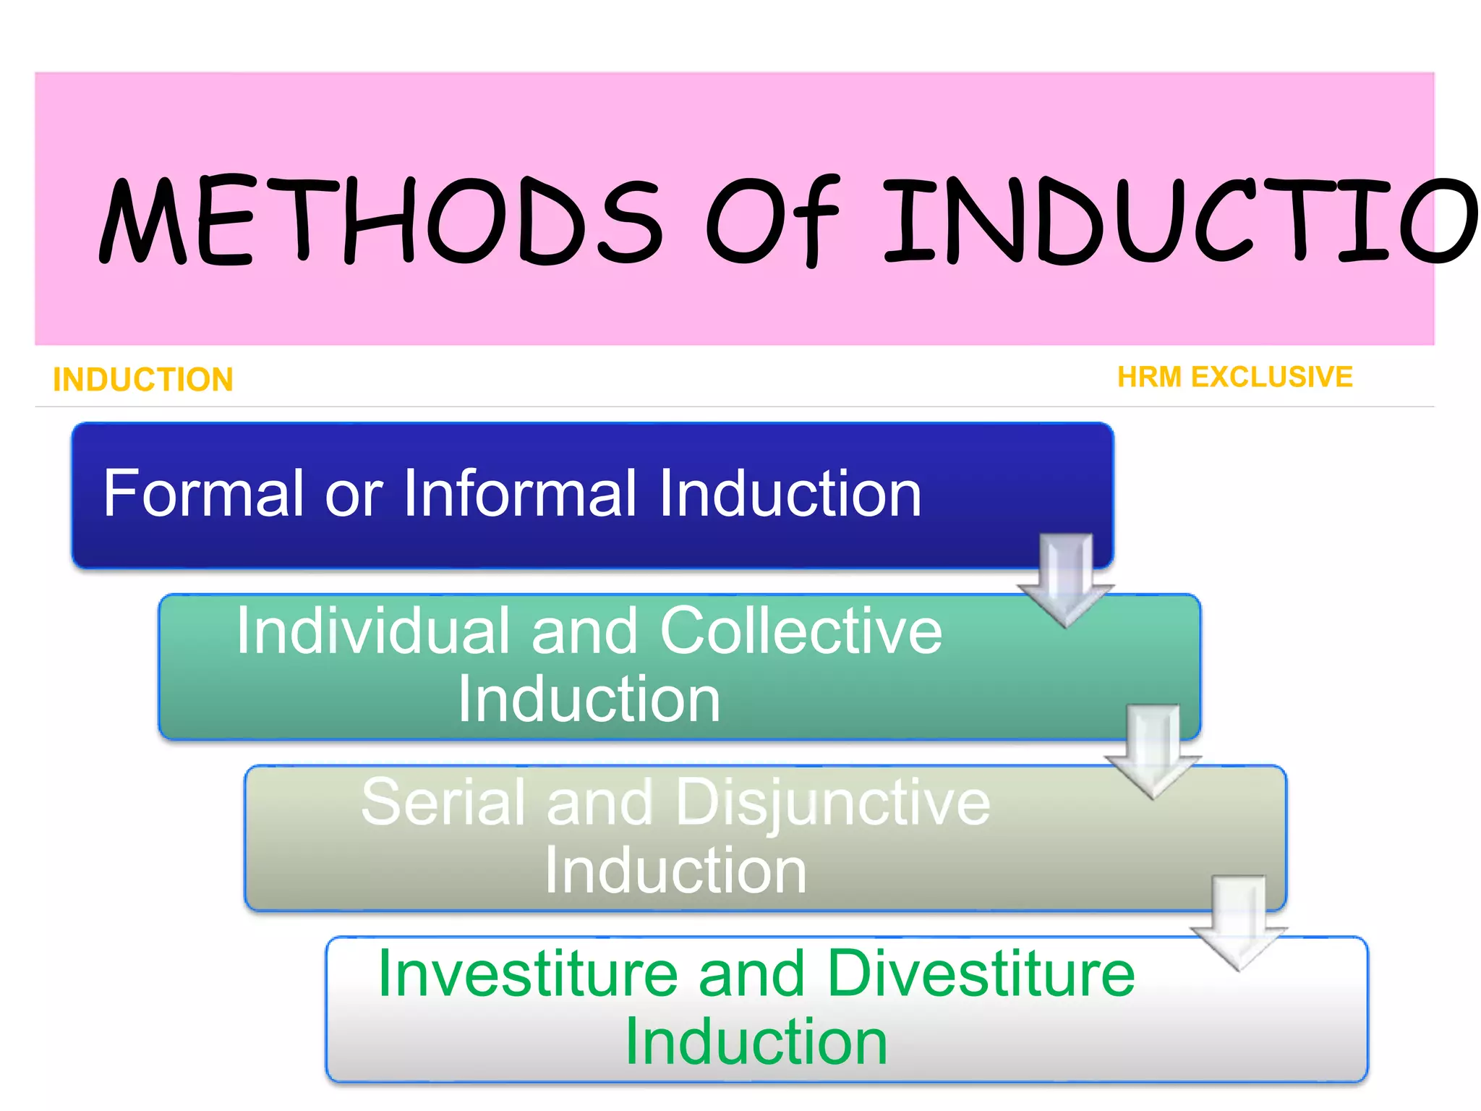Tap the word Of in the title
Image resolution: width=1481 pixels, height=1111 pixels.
(x=772, y=221)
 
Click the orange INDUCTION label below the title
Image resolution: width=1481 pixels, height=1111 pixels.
(x=143, y=380)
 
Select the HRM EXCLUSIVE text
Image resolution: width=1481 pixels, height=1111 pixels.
(x=1234, y=377)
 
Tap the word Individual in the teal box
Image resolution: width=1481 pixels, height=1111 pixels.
(x=372, y=631)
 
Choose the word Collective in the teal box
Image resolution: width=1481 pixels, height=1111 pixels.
(x=801, y=631)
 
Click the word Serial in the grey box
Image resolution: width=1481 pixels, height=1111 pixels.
(x=443, y=803)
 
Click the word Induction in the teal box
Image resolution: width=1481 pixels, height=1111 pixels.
(x=589, y=699)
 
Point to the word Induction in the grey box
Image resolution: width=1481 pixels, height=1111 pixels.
(x=675, y=871)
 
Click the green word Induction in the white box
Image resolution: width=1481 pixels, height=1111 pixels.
(x=756, y=1042)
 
